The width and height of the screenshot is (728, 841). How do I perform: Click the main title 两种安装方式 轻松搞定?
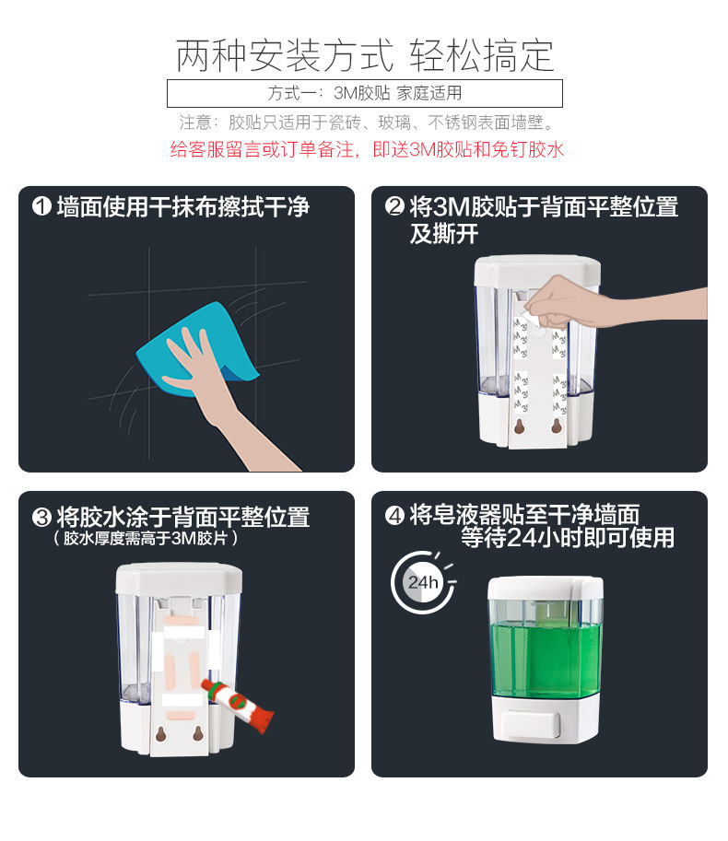point(364,56)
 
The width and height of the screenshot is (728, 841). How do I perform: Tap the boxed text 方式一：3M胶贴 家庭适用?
point(364,93)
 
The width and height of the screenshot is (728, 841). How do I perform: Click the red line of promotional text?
point(367,149)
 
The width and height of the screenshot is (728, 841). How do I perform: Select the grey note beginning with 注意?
point(367,123)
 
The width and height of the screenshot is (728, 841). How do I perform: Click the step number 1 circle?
point(41,206)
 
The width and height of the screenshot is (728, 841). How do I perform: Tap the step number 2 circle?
point(394,206)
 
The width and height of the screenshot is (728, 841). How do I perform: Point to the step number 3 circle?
point(41,517)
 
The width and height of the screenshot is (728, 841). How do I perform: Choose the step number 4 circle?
point(394,516)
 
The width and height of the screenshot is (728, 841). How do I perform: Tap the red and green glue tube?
point(237,705)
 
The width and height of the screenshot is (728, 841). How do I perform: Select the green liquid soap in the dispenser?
point(545,660)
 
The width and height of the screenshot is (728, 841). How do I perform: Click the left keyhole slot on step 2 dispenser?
point(519,426)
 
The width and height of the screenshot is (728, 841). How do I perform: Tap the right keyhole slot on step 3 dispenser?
point(198,733)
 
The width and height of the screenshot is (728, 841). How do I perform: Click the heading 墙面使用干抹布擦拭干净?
point(183,207)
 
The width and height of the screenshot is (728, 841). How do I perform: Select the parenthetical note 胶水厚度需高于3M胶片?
point(145,538)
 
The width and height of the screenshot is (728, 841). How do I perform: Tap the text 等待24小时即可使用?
point(568,538)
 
